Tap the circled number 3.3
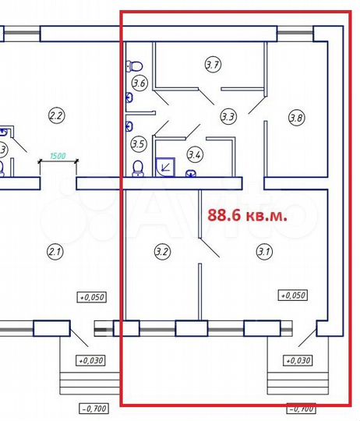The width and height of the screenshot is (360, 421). tap(228, 117)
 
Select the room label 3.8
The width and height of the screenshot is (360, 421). tap(296, 119)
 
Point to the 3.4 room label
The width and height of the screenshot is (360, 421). tap(196, 154)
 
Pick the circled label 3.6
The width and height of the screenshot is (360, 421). tap(139, 83)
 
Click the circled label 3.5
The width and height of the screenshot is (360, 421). tap(139, 143)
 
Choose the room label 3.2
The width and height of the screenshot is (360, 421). tap(162, 251)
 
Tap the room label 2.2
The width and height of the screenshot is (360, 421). tap(56, 117)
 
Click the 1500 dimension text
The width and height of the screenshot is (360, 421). tap(58, 155)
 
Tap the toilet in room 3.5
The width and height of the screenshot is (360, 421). tap(139, 168)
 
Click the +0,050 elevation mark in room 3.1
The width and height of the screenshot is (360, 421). tap(293, 295)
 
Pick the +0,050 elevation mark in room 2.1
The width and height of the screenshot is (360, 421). tap(90, 296)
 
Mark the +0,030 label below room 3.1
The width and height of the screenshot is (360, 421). tap(298, 360)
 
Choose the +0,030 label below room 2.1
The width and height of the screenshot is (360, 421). tap(90, 360)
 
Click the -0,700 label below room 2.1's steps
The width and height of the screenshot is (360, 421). tap(94, 408)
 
